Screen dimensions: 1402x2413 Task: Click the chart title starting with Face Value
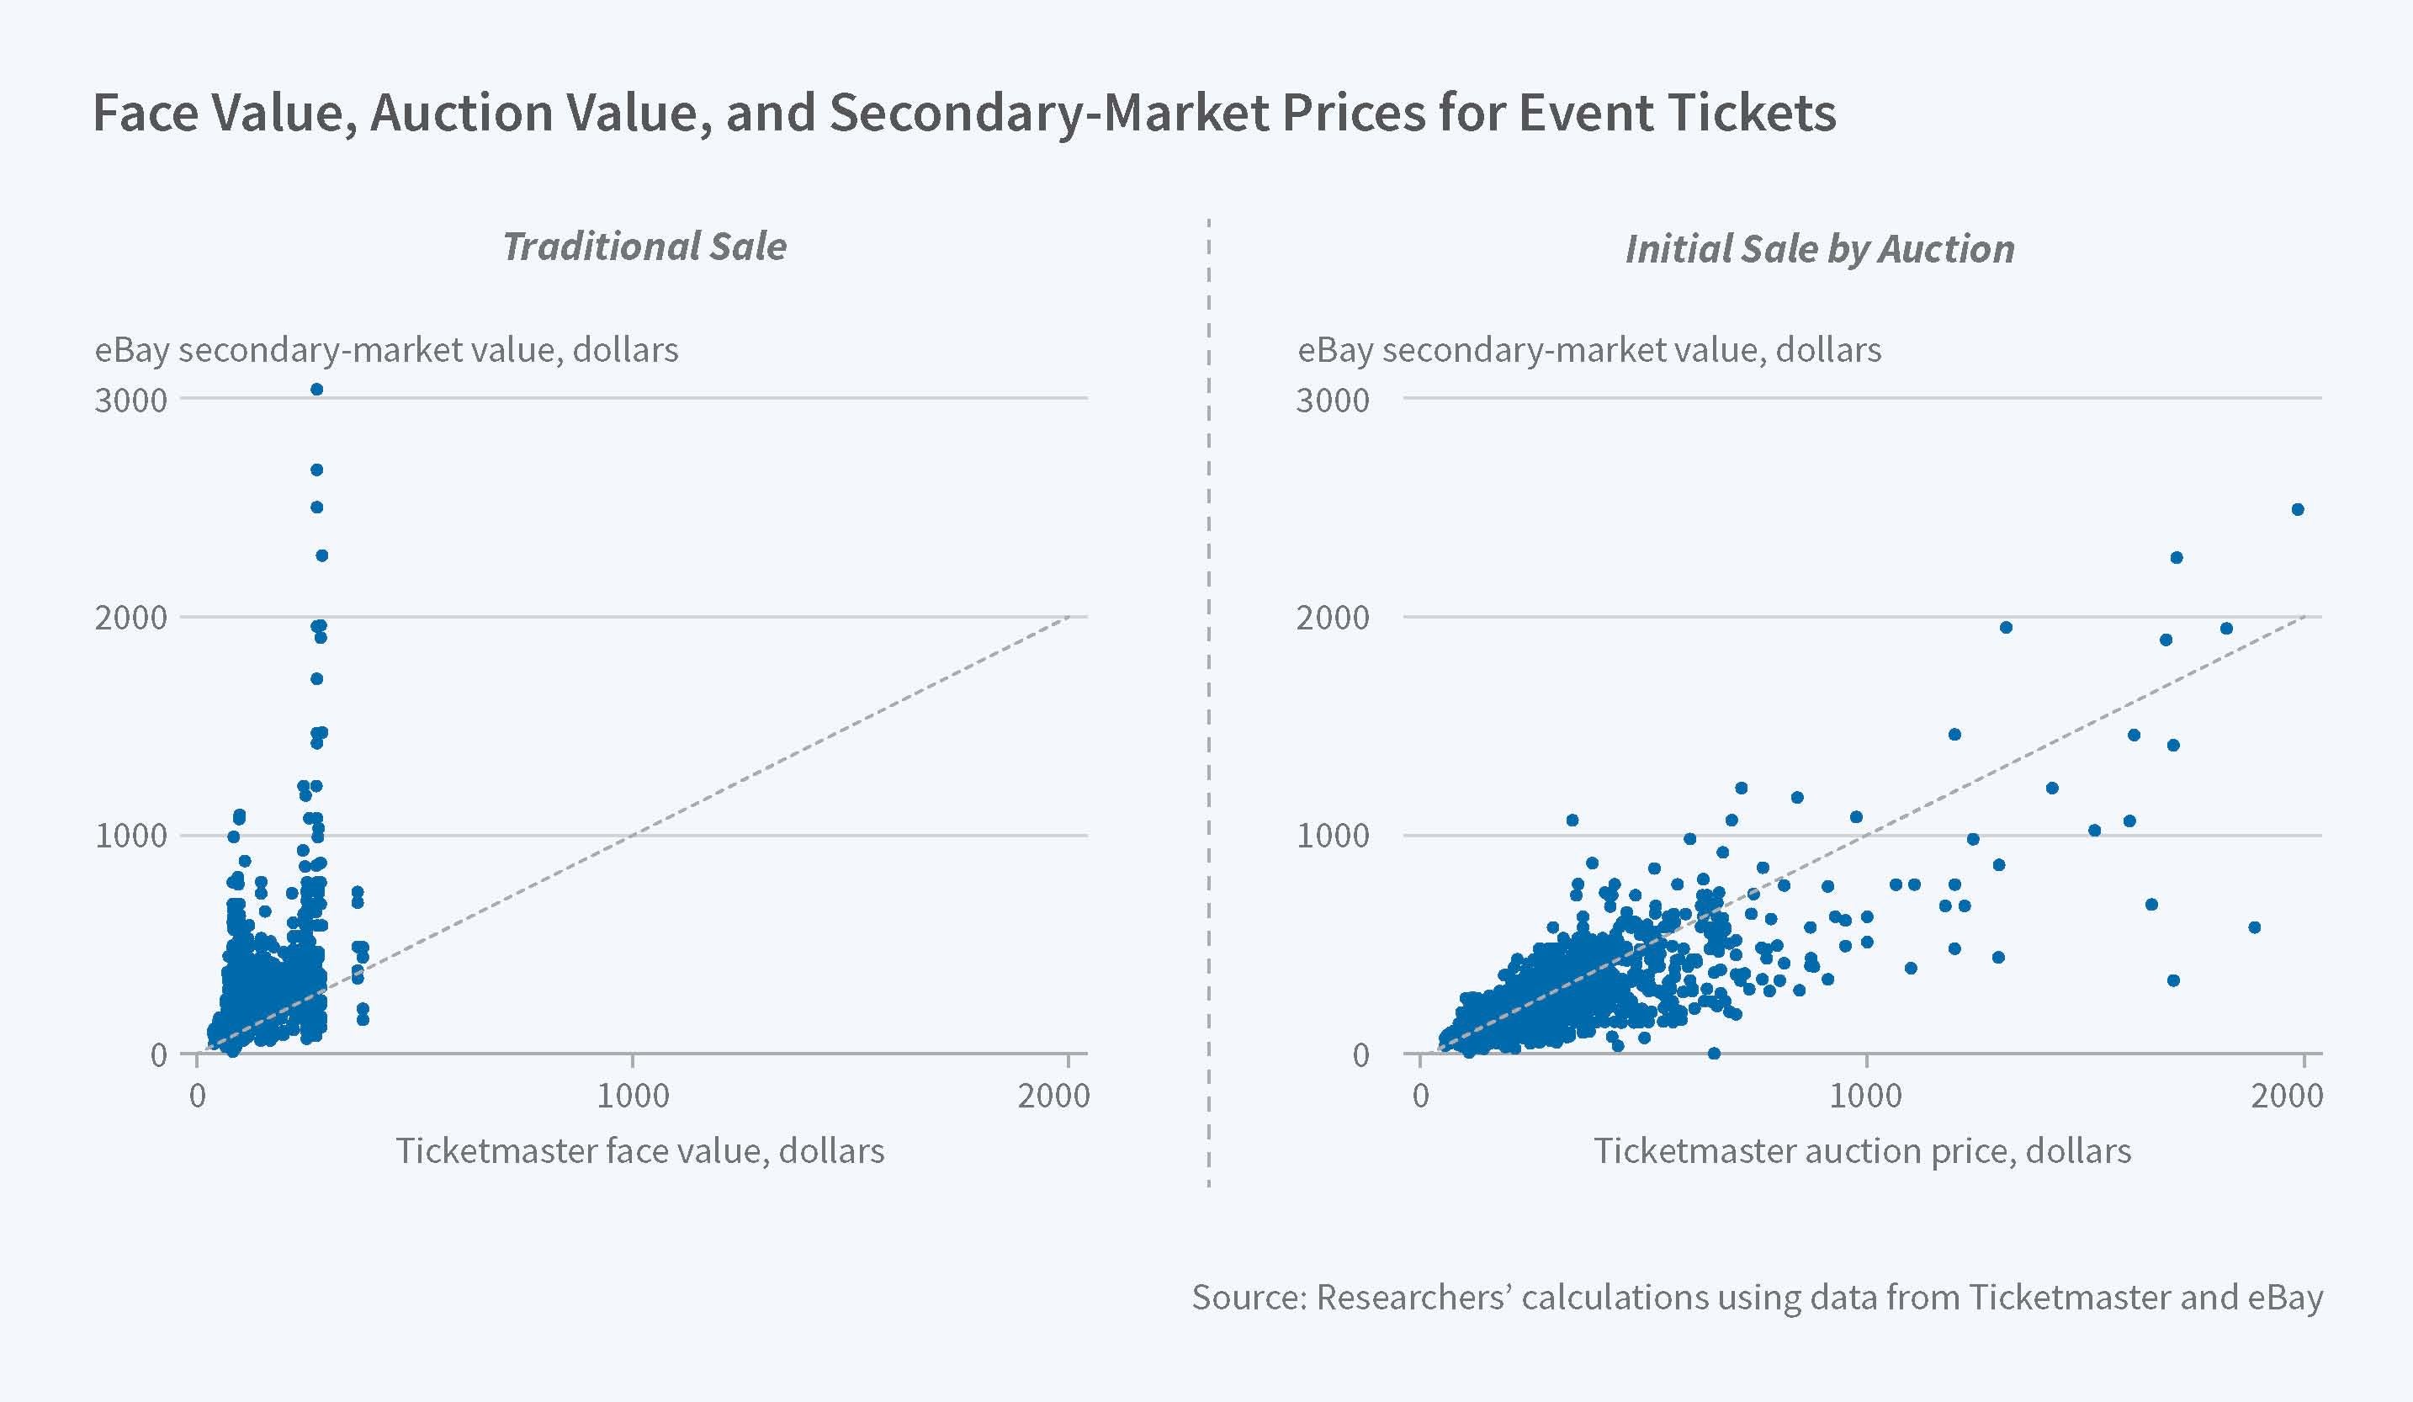click(963, 113)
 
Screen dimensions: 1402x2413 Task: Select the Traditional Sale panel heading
click(644, 247)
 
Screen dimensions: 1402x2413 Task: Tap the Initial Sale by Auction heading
click(1819, 249)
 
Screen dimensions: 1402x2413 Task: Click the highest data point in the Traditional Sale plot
click(317, 389)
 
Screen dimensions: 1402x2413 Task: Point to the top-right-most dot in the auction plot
click(2297, 509)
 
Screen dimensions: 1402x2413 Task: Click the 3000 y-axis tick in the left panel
click(131, 401)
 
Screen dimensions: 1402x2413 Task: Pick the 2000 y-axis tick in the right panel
click(1333, 618)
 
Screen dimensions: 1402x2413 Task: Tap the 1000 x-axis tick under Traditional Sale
click(632, 1096)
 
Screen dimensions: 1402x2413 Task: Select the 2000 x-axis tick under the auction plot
click(2287, 1096)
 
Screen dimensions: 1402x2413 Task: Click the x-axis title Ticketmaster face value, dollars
click(639, 1150)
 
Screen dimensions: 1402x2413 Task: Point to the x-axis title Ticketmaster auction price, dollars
click(1861, 1150)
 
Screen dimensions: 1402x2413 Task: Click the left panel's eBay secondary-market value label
click(386, 349)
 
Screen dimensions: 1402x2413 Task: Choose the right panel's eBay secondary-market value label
click(1588, 349)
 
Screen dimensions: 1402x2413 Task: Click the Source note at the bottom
click(1757, 1297)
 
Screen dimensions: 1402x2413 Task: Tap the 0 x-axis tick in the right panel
click(1421, 1096)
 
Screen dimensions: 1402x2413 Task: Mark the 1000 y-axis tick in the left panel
click(131, 836)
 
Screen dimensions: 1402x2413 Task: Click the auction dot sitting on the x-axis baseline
click(1714, 1054)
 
